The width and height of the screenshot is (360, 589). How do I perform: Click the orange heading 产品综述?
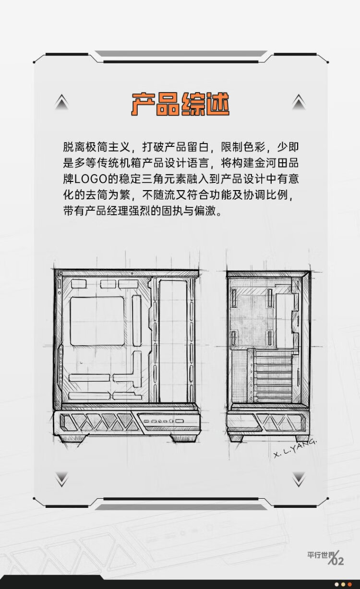(180, 104)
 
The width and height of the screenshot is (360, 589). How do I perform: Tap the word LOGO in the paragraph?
(90, 179)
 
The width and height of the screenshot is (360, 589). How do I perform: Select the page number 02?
(337, 561)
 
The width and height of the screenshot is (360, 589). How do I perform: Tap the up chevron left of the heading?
(61, 102)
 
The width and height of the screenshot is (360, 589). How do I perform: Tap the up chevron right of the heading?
(299, 102)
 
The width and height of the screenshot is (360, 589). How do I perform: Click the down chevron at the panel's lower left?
(62, 479)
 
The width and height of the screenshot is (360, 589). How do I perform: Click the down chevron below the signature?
(299, 479)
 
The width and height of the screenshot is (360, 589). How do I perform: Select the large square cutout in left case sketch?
(97, 321)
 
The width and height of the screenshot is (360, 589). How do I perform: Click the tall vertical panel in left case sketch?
(173, 341)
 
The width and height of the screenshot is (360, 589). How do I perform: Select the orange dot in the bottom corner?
(349, 584)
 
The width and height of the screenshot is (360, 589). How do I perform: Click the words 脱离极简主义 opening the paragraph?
(96, 147)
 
